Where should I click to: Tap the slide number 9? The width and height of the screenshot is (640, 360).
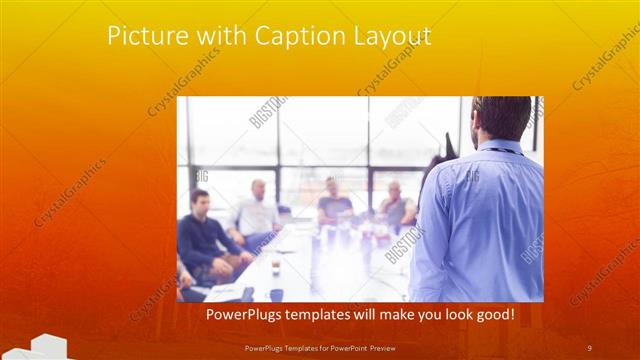[x=589, y=347]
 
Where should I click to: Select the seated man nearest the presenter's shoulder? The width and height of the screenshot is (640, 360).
[x=397, y=205]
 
